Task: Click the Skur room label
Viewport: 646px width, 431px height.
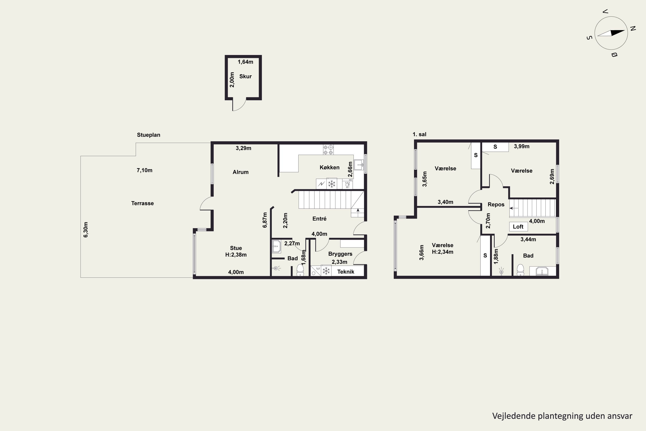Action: [245, 77]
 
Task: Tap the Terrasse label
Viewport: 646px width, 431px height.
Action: [142, 203]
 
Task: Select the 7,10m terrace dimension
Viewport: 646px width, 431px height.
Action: [144, 170]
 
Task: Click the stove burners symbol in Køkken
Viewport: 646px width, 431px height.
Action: [328, 150]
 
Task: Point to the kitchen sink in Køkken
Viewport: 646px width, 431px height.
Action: [359, 165]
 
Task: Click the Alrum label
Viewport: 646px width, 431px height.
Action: [241, 172]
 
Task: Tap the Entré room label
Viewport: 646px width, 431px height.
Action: [319, 219]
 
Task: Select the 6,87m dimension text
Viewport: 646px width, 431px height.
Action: [265, 220]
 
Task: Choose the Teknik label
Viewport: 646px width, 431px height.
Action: [346, 272]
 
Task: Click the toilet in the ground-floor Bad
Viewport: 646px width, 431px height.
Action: [300, 270]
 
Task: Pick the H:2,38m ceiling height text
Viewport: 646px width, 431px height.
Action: [236, 255]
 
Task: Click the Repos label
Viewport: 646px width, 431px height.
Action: [496, 205]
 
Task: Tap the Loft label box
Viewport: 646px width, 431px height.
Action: [519, 226]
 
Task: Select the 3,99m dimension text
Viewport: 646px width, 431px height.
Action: [522, 147]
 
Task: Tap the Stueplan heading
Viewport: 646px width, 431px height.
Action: [149, 135]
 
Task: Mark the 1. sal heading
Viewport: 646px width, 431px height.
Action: [419, 134]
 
